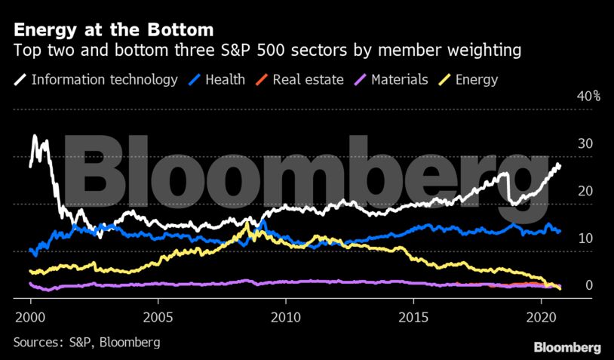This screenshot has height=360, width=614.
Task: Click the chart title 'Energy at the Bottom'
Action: [113, 30]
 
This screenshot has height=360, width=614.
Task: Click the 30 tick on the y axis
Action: [585, 144]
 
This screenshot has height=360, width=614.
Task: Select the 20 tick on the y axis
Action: [585, 192]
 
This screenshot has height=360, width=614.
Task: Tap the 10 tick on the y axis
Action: [585, 238]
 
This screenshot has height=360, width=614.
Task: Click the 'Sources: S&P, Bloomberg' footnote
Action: [87, 342]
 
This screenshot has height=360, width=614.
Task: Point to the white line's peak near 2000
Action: [35, 137]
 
